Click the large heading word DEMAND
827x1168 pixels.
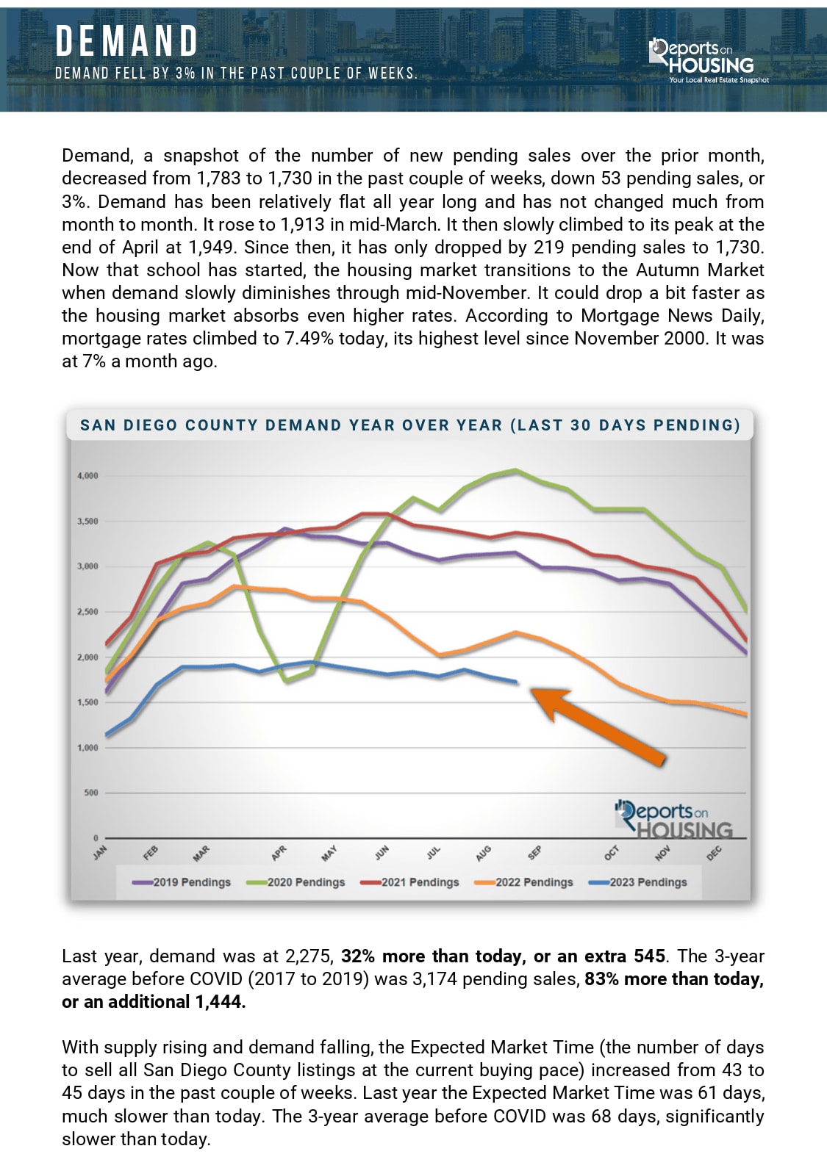click(x=127, y=41)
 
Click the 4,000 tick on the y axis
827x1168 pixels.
click(x=87, y=476)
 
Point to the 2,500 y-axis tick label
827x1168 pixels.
click(x=87, y=612)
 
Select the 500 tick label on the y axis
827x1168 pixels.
click(x=90, y=793)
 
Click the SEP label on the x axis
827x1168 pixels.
click(x=534, y=853)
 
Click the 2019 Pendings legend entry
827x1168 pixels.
click(x=182, y=882)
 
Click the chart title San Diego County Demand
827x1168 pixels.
click(x=409, y=425)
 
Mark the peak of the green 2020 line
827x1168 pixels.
click(x=516, y=470)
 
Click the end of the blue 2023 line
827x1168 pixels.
click(x=516, y=682)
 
